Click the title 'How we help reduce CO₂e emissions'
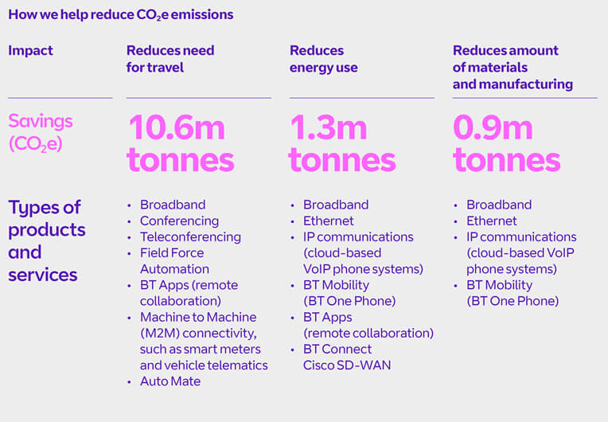tap(121, 15)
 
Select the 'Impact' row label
tap(30, 51)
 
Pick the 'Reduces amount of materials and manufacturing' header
tap(513, 67)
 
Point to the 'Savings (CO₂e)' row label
tap(40, 132)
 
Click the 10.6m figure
tap(176, 127)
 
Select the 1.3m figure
tap(329, 127)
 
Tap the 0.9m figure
tap(494, 127)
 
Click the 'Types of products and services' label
tap(46, 240)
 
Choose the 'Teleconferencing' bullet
tap(190, 236)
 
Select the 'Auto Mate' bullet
tap(170, 381)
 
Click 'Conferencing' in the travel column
tap(179, 221)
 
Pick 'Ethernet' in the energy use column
tap(328, 221)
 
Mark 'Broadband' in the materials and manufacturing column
tap(499, 205)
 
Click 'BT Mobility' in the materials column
tap(499, 285)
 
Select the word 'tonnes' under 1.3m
tap(342, 160)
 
